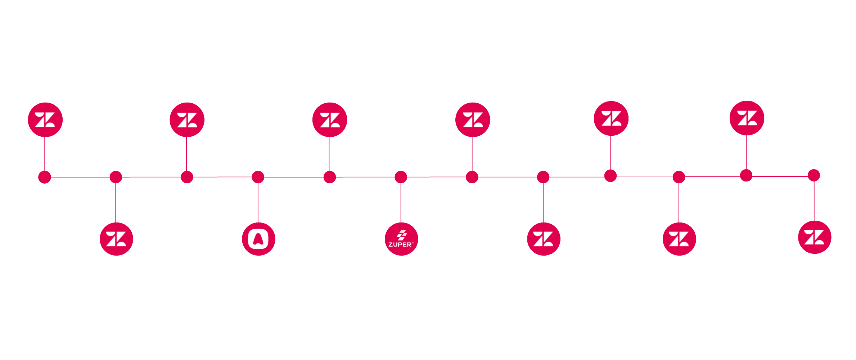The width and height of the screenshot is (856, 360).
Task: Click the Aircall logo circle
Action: (x=258, y=239)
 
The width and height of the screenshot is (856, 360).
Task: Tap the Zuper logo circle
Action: (x=401, y=239)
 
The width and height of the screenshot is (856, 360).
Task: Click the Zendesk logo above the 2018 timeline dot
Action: (x=45, y=120)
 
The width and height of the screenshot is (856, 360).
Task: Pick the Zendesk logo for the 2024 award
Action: (x=814, y=237)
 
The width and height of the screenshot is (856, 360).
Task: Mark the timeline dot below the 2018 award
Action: (x=45, y=177)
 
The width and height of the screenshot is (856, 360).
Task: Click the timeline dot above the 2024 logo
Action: (x=814, y=175)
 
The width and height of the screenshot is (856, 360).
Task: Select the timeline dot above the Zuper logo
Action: (x=401, y=177)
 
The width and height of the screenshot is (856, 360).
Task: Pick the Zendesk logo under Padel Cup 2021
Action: (x=187, y=120)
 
